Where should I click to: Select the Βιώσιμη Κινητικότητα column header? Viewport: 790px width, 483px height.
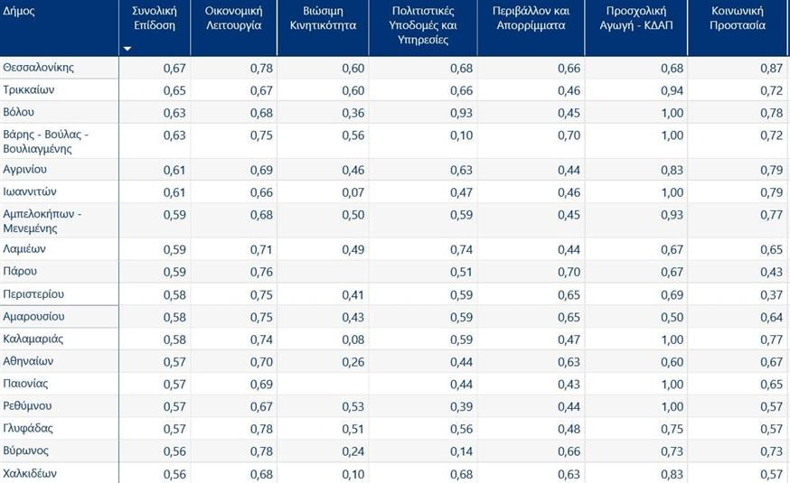[x=330, y=18]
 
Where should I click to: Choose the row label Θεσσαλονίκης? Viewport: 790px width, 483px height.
[x=39, y=68]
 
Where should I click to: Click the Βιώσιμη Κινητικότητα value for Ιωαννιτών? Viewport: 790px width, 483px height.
[x=353, y=192]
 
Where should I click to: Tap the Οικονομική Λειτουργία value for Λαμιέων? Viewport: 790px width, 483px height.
[x=260, y=249]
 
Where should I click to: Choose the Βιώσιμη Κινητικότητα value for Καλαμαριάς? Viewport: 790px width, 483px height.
[x=353, y=339]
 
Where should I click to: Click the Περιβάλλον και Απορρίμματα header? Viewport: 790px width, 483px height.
[x=529, y=18]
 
